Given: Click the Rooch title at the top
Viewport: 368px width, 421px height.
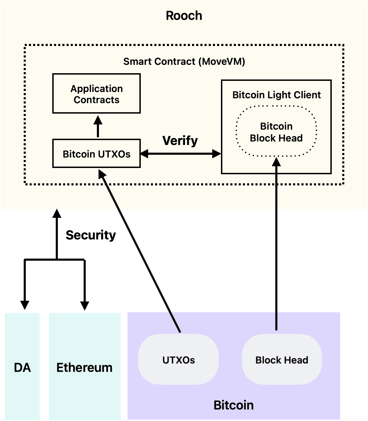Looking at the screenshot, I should point(184,16).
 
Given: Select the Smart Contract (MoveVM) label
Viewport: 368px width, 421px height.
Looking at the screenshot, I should point(184,62).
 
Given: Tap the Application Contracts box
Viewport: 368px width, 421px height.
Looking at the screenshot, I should point(97,94).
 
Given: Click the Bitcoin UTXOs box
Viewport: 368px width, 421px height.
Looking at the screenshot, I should point(97,154).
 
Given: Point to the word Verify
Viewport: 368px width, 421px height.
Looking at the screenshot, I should point(180,140).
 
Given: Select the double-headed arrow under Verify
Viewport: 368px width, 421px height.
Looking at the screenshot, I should point(180,153).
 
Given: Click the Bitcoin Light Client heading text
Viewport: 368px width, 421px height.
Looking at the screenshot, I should point(276,95).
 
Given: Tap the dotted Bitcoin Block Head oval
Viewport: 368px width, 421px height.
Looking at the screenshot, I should point(276,132).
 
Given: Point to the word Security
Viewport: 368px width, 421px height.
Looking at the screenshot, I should point(91,235).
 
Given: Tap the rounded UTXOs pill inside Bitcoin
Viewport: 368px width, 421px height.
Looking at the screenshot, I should point(178,360).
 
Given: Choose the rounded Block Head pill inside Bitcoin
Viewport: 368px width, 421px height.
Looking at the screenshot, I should point(282,360).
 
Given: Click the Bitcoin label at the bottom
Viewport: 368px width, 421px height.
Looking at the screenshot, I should point(233,405).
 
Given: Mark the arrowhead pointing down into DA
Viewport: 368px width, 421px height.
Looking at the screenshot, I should point(24,305).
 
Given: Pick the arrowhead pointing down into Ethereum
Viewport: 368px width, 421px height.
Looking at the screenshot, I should point(84,305).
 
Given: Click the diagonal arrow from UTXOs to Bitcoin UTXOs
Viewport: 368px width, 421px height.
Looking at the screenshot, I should point(141,251).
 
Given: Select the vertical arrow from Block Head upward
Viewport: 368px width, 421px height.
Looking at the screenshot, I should point(276,244).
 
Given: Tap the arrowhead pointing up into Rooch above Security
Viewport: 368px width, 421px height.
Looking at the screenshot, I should point(56,213).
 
